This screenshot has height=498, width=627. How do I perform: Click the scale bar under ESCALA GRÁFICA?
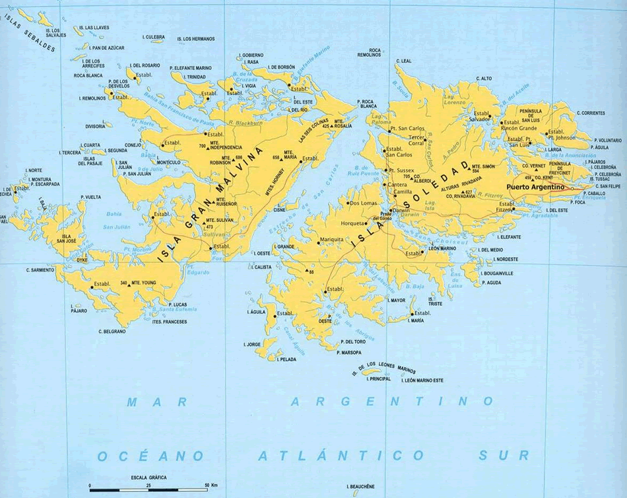[x=148, y=489]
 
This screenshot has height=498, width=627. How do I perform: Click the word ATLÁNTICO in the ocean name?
[x=341, y=455]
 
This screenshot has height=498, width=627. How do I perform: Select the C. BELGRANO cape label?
[x=112, y=331]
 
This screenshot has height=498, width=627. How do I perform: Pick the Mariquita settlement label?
[x=331, y=239]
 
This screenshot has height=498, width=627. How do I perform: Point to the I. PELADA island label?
[x=286, y=359]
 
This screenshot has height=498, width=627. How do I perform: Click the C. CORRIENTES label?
[x=590, y=114]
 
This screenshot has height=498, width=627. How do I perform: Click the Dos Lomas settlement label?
[x=363, y=203]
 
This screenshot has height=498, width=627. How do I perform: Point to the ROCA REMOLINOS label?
[x=375, y=53]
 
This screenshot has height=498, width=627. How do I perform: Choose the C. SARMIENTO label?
[x=40, y=269]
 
